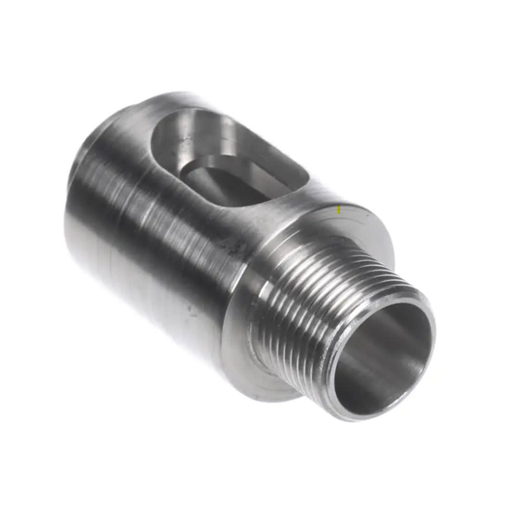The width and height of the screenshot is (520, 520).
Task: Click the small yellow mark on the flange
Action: (339, 210)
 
